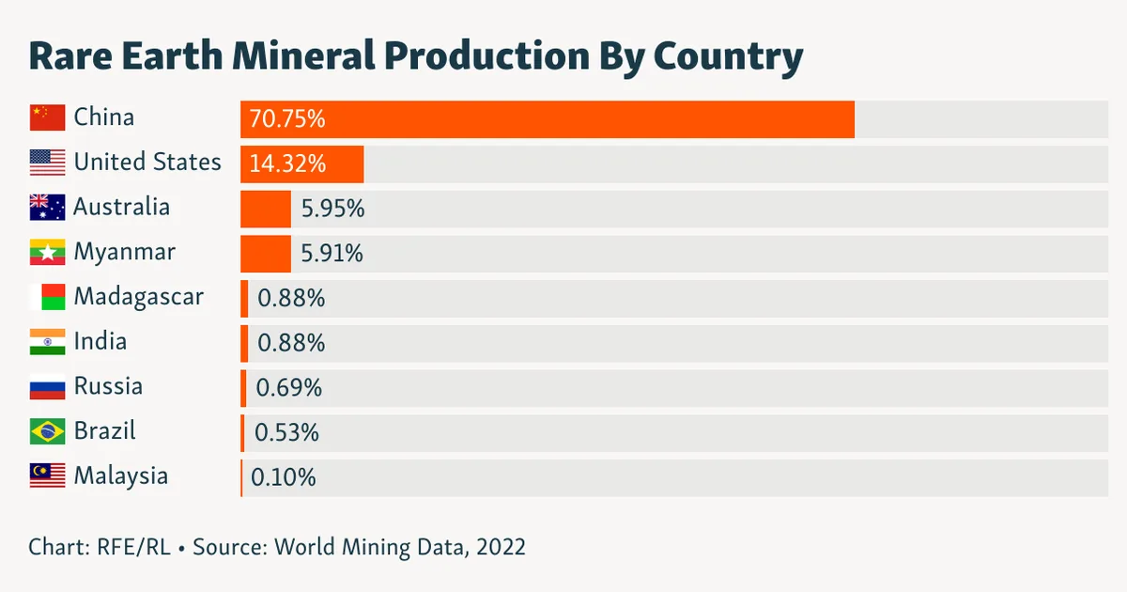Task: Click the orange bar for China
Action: pyautogui.click(x=548, y=119)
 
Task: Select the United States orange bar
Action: pyautogui.click(x=301, y=164)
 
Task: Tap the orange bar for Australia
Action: pyautogui.click(x=266, y=209)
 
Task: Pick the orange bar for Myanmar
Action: pyautogui.click(x=266, y=254)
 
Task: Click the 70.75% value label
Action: pyautogui.click(x=287, y=119)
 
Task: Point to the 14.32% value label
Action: pyautogui.click(x=287, y=164)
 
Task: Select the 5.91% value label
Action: pyautogui.click(x=332, y=253)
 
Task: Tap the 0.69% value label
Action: pyautogui.click(x=289, y=387)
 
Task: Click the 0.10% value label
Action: pyautogui.click(x=284, y=477)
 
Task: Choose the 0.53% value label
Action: pyautogui.click(x=286, y=432)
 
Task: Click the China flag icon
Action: pyautogui.click(x=47, y=117)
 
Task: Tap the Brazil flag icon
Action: pyautogui.click(x=47, y=431)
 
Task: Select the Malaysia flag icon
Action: pyautogui.click(x=47, y=476)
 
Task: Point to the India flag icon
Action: pyautogui.click(x=47, y=342)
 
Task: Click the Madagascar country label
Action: pyautogui.click(x=139, y=297)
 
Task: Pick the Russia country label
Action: pyautogui.click(x=108, y=386)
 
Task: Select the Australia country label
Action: pyautogui.click(x=122, y=207)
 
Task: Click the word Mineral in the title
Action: pyautogui.click(x=304, y=55)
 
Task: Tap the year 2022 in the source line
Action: pyautogui.click(x=502, y=547)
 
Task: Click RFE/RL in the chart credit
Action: pyautogui.click(x=133, y=547)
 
